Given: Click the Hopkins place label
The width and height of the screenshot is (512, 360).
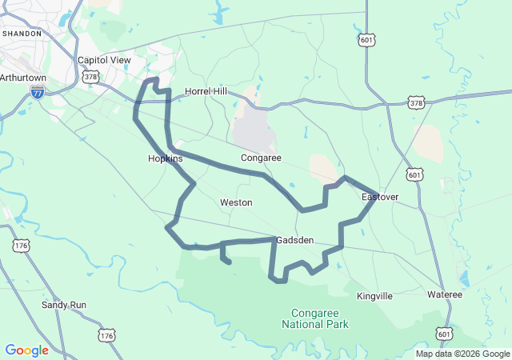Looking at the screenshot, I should pyautogui.click(x=166, y=158).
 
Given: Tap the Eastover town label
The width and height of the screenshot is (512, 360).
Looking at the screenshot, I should pyautogui.click(x=379, y=197).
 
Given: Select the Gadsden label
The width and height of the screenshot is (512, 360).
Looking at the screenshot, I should pyautogui.click(x=294, y=240).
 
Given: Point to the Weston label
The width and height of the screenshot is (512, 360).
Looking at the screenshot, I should pyautogui.click(x=236, y=203).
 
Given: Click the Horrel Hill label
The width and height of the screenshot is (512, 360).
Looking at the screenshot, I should pyautogui.click(x=206, y=91).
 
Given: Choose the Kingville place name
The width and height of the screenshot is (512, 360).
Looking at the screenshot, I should pyautogui.click(x=374, y=296).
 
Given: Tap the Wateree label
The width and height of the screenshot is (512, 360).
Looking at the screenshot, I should pyautogui.click(x=444, y=294).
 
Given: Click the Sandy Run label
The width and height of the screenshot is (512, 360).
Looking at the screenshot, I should pyautogui.click(x=64, y=305).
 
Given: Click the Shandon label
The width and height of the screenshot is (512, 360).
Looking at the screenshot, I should pyautogui.click(x=22, y=34).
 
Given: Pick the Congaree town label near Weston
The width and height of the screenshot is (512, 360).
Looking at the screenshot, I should pyautogui.click(x=261, y=158).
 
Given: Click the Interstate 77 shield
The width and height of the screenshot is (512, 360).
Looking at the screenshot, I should pyautogui.click(x=38, y=94).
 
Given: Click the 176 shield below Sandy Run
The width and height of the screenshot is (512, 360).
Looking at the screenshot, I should pyautogui.click(x=106, y=334).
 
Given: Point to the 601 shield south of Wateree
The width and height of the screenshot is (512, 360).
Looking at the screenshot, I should pyautogui.click(x=445, y=334).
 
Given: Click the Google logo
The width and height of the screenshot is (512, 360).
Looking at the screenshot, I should pyautogui.click(x=26, y=350).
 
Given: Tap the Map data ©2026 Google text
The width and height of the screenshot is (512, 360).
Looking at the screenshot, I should pyautogui.click(x=462, y=354).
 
